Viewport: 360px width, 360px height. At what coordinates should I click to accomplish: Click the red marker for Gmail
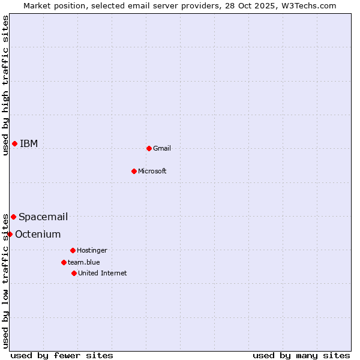click(149, 148)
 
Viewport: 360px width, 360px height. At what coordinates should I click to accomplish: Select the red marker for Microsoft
click(134, 171)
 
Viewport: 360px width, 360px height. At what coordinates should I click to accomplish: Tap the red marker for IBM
click(14, 143)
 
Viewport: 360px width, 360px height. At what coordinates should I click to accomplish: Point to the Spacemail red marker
click(13, 217)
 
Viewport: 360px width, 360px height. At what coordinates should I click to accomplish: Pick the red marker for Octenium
click(10, 234)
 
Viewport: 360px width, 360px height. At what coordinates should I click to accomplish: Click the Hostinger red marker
click(73, 250)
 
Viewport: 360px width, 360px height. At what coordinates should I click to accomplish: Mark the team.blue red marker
click(64, 262)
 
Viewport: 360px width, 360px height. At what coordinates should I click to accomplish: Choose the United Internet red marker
click(74, 273)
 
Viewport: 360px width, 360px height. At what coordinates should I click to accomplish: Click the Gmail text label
click(162, 148)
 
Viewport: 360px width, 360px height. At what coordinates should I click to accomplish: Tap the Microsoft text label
click(152, 171)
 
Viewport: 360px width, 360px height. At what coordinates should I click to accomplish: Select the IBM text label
click(29, 143)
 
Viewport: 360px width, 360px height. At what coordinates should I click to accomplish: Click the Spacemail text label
click(43, 217)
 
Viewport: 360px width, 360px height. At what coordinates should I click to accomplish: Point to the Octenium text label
click(38, 234)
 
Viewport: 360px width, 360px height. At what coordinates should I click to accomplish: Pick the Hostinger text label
click(92, 250)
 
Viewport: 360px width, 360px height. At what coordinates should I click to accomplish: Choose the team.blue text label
click(84, 262)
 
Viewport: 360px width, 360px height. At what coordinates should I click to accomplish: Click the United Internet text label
click(103, 273)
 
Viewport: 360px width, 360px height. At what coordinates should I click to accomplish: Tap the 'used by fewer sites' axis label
click(62, 355)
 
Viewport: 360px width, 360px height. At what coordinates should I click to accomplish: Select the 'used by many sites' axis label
click(301, 355)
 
